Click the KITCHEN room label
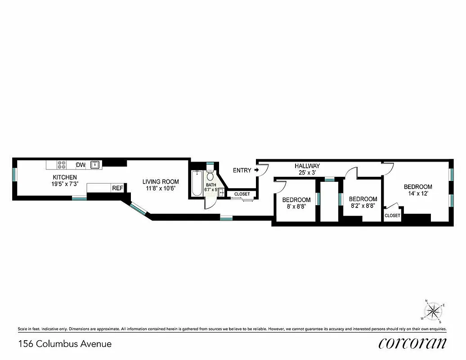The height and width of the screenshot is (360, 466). [65, 177]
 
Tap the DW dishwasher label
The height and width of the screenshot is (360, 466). [81, 165]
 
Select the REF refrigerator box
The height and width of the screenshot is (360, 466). [117, 188]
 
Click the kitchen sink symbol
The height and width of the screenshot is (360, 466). [95, 165]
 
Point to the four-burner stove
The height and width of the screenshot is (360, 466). [62, 165]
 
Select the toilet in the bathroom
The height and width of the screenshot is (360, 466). [210, 177]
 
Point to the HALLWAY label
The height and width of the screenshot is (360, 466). [307, 166]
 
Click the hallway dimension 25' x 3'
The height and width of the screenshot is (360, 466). [307, 173]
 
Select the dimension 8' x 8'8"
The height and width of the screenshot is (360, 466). [296, 207]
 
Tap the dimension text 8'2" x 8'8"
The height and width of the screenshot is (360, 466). [363, 206]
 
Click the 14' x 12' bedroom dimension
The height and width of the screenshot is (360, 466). [418, 194]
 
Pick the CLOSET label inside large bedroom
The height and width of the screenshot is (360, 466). [392, 216]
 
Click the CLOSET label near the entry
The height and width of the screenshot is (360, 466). [242, 194]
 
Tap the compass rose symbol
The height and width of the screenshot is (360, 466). [434, 310]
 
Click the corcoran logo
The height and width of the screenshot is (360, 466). [412, 343]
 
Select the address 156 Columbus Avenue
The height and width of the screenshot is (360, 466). [65, 344]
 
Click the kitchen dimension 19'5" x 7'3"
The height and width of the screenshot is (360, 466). [65, 184]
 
